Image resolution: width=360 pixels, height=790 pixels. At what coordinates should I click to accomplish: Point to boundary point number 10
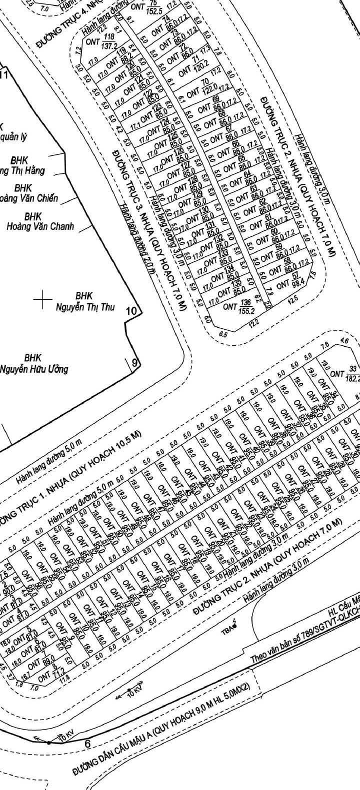point(131,311)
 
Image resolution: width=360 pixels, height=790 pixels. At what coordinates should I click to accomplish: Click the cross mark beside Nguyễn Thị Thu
point(43,300)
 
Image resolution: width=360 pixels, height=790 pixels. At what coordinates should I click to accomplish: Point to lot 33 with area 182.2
point(345,374)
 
